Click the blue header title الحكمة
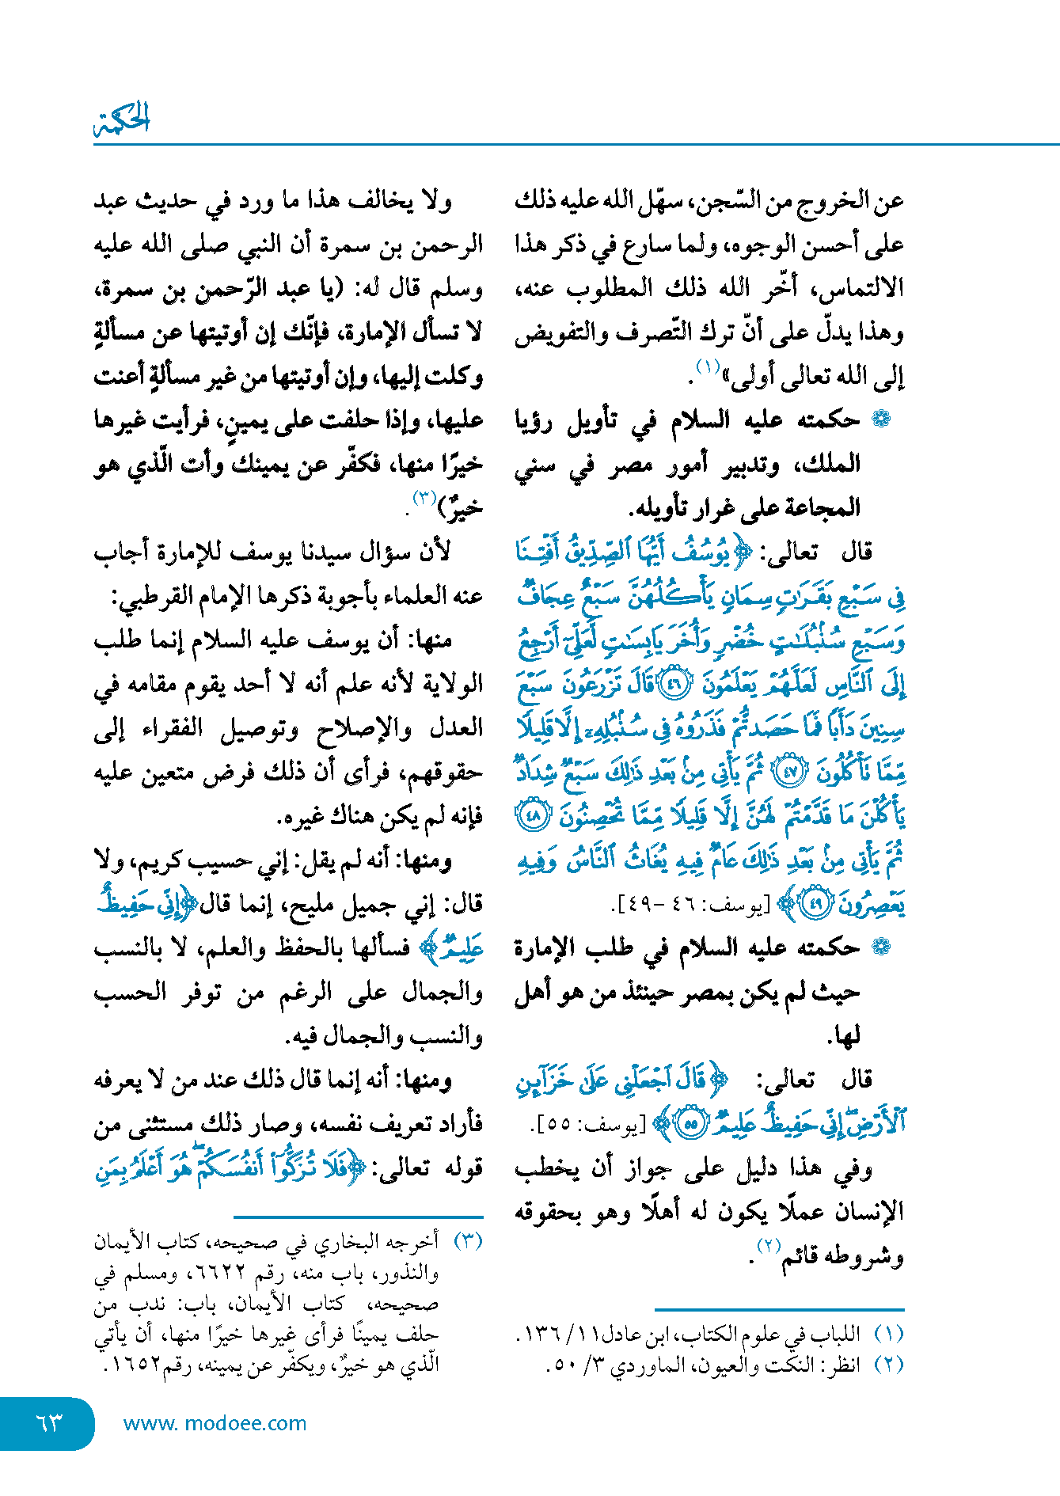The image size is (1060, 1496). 123,119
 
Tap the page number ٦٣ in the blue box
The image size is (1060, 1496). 48,1422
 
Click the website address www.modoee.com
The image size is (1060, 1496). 215,1423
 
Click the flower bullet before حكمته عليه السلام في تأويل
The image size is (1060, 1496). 880,420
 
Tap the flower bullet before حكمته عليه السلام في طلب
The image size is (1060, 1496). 880,947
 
